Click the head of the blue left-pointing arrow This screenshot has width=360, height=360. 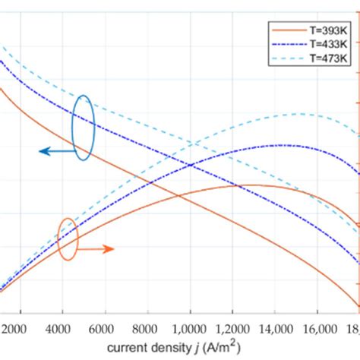click(x=43, y=152)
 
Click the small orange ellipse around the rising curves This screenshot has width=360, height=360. click(x=68, y=239)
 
